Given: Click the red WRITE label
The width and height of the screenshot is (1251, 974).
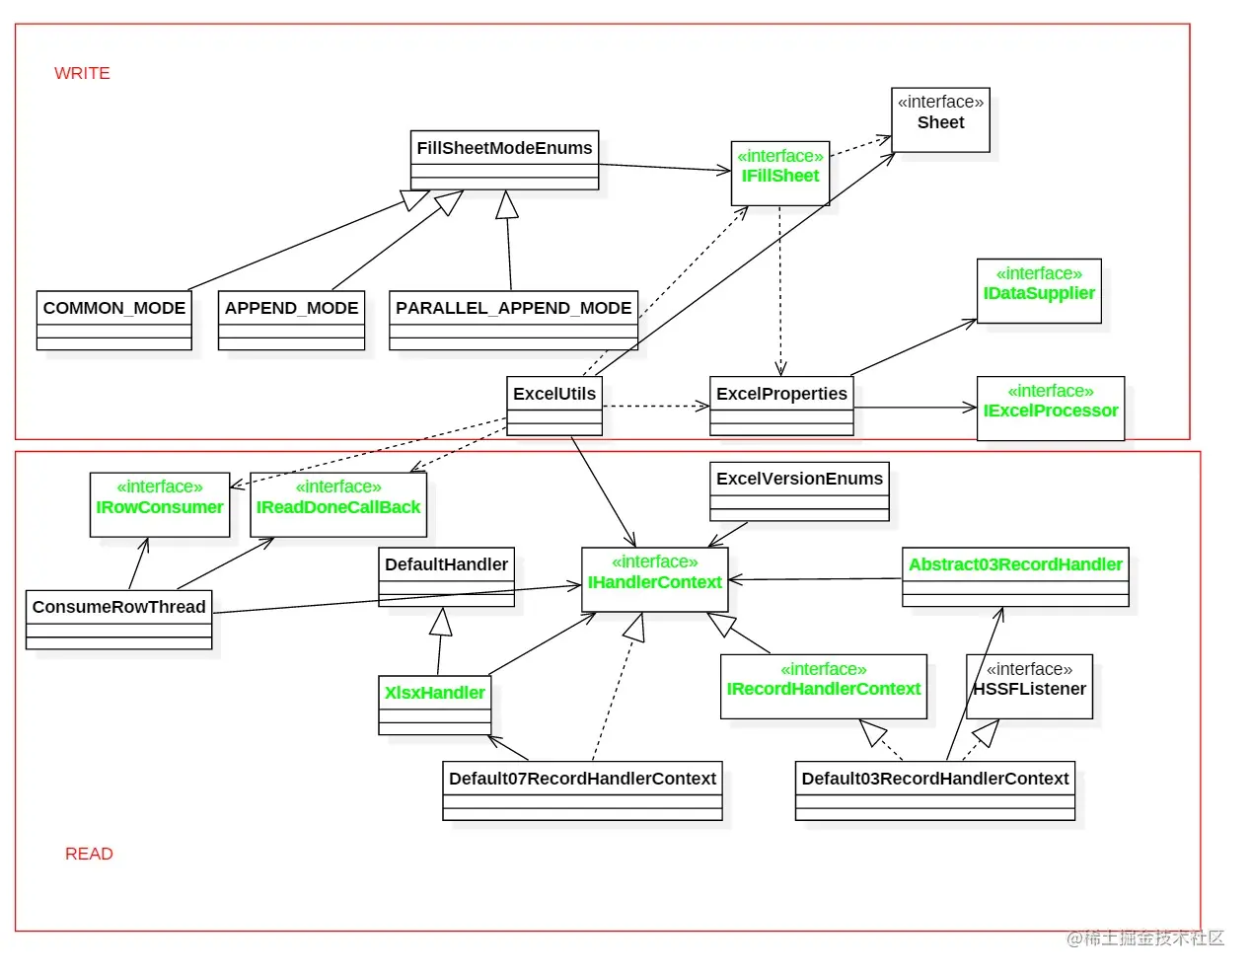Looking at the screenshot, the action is pos(82,73).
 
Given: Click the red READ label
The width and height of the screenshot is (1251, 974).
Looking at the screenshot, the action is pos(89,853).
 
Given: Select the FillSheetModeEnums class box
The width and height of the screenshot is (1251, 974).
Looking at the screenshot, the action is pos(504,160).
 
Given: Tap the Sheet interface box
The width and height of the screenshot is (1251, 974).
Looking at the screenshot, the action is pos(940,119).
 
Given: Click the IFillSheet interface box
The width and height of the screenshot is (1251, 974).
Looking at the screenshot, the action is pos(780,174).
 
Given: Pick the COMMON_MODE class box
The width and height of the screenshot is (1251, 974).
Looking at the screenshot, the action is pos(114,320).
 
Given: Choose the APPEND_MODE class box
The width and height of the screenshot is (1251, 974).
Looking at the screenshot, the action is pos(291,320).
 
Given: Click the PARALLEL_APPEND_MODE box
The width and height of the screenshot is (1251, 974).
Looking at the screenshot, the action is pos(514,320).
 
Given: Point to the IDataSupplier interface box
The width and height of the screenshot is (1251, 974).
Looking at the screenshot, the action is pos(1039,291).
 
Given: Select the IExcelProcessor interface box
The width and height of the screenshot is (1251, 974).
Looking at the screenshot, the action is pos(1051,409).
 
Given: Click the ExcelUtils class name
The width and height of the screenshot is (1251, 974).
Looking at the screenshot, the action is pos(554,394).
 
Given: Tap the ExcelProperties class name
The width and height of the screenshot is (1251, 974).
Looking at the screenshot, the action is pos(781,394).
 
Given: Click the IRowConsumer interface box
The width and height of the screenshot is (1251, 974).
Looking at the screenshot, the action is pos(160,505).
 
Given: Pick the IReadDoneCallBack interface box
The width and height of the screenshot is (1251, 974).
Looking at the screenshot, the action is pos(338,505).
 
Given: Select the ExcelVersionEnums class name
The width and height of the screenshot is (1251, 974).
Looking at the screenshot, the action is pos(799,479).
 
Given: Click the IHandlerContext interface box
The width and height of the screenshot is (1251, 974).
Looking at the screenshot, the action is pos(654,579).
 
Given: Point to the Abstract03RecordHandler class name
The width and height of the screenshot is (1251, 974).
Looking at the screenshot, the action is pos(1015,564).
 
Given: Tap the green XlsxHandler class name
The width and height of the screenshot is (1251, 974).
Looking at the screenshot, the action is pos(435,693).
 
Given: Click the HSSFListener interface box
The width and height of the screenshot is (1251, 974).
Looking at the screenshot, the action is pos(1029,686).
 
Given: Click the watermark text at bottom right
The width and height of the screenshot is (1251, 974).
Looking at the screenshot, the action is pos(1145,937).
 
